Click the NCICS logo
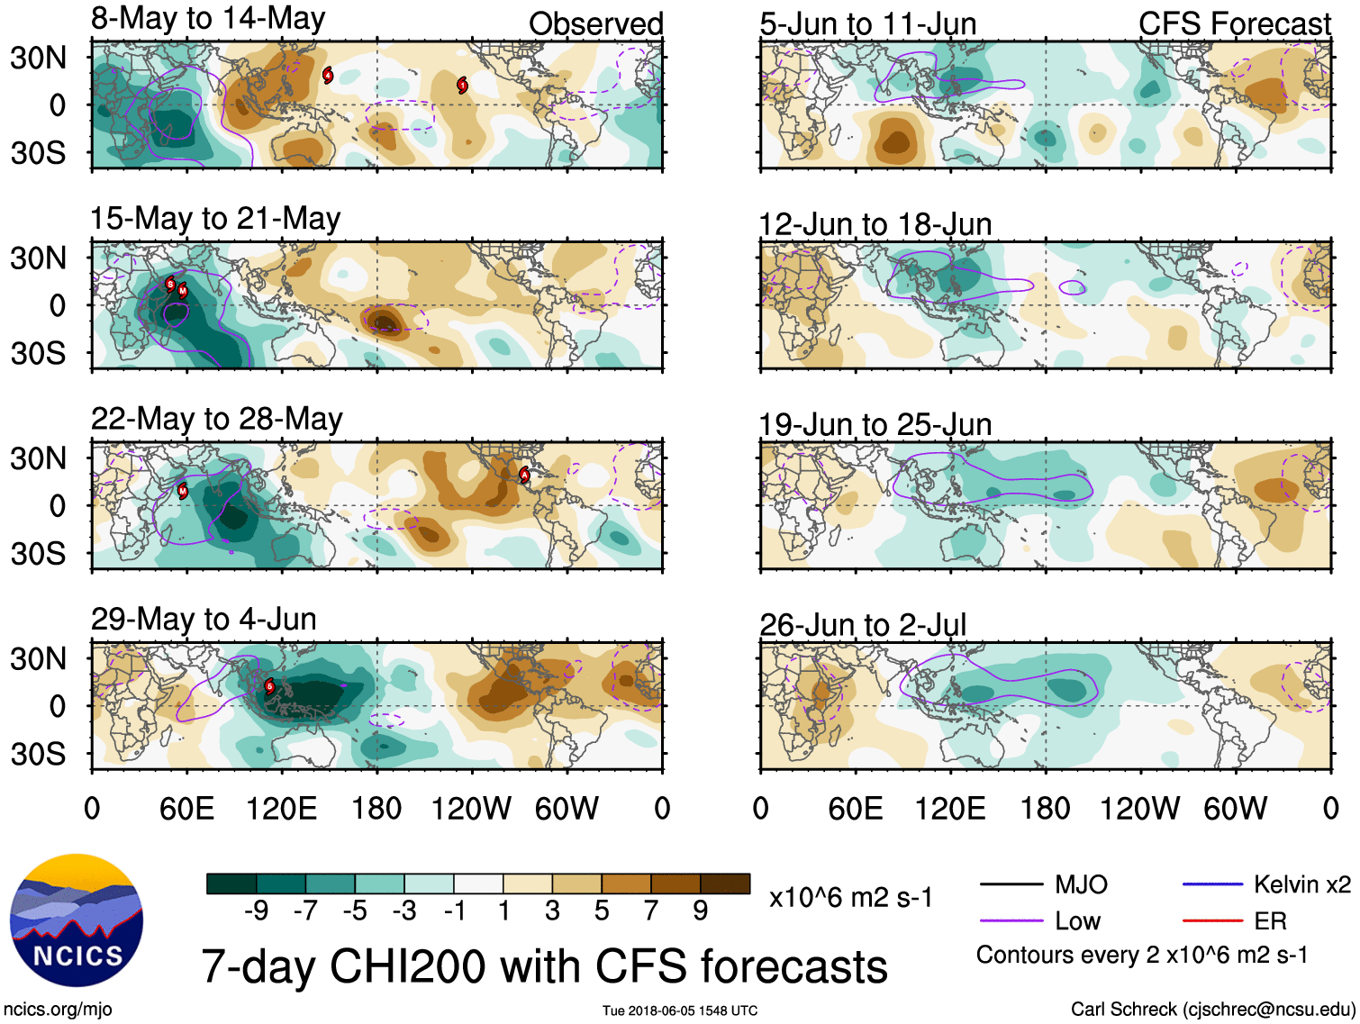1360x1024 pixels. (77, 920)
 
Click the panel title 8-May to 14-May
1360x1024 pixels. (208, 19)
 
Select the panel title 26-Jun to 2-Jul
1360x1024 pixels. (863, 624)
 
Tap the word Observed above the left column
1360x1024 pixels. (595, 23)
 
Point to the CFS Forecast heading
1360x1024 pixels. (1234, 23)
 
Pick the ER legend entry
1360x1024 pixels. (1270, 920)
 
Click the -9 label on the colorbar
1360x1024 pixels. (256, 911)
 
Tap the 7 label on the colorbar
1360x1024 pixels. (651, 911)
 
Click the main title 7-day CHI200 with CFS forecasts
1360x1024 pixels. (544, 966)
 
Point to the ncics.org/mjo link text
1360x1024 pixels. (58, 1010)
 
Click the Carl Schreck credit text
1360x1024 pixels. (1212, 1010)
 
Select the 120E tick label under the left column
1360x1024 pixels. (281, 808)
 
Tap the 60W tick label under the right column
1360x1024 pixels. (1235, 808)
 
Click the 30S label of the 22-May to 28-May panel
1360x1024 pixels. (38, 553)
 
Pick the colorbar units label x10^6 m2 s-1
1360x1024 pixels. (851, 897)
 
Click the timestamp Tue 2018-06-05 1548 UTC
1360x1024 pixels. (680, 1010)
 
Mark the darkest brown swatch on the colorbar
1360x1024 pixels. (725, 884)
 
